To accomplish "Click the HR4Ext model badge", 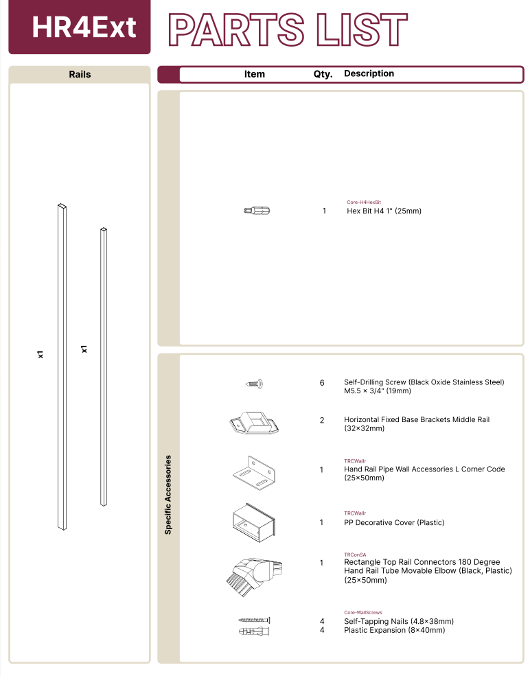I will point(84,27).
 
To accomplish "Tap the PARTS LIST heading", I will point(288,29).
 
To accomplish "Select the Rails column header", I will point(80,74).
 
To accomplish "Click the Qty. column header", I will point(323,74).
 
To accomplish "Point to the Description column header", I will point(369,73).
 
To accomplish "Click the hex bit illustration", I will point(257,211).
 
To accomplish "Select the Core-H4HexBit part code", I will point(364,202).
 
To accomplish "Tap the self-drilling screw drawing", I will point(255,384).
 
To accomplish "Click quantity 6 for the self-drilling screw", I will point(322,383).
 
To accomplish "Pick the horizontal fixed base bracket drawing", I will point(253,423).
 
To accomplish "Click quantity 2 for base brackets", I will point(322,420).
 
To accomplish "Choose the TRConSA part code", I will point(355,555).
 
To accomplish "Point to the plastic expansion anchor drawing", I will point(254,631).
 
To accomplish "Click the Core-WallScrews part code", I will point(363,612).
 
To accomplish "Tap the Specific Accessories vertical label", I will point(168,494).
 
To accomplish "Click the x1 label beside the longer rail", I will point(41,354).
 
